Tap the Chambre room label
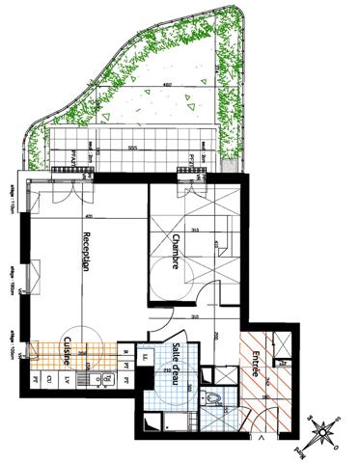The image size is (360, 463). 176,252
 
